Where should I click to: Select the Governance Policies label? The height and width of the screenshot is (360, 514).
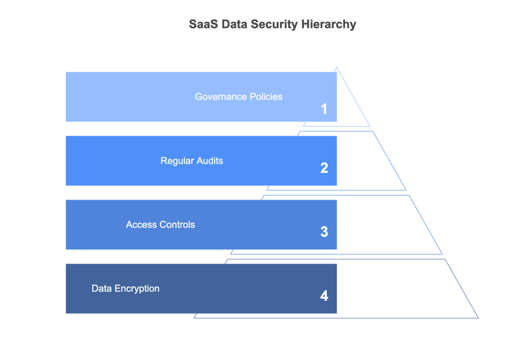click(238, 97)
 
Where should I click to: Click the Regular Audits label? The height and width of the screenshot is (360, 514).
click(192, 161)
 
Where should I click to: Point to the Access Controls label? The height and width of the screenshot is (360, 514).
click(160, 225)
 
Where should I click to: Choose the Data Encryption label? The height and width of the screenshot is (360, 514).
click(125, 289)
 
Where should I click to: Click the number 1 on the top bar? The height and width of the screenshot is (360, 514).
click(324, 109)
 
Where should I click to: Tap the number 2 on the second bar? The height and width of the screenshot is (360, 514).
click(324, 168)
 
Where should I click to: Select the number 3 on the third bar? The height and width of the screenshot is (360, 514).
click(324, 232)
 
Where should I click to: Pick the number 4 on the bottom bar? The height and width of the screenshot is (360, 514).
click(324, 296)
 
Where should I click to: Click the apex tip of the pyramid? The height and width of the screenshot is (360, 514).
click(337, 68)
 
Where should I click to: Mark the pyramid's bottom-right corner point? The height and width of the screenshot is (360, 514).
click(479, 318)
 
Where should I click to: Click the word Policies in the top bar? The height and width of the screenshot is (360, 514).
click(266, 97)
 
